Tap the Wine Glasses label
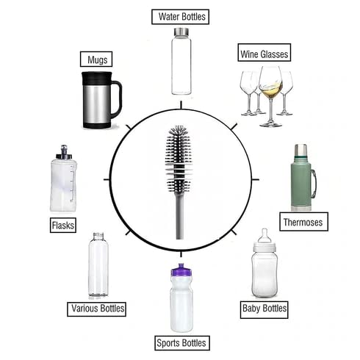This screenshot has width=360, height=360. click(x=264, y=54)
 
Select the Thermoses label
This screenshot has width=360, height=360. click(x=303, y=221)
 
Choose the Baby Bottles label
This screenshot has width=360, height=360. click(x=264, y=308)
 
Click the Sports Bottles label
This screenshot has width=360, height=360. click(x=181, y=342)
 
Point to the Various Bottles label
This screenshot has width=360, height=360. click(x=97, y=308)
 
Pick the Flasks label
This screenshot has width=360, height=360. click(x=62, y=225)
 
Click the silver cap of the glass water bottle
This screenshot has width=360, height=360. click(x=181, y=32)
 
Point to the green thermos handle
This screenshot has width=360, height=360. click(x=314, y=181)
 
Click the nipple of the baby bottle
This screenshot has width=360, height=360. click(x=264, y=235)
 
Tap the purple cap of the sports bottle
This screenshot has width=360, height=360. click(x=181, y=271)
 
